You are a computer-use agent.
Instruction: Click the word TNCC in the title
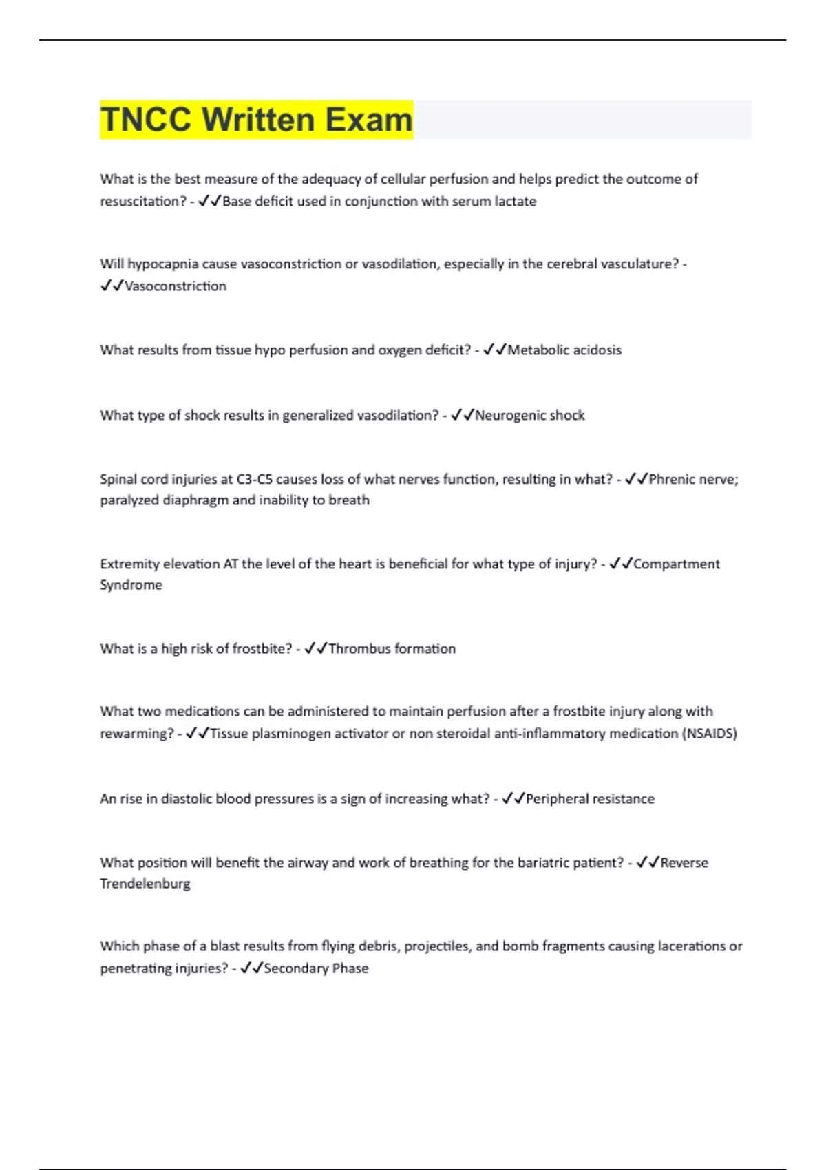145,120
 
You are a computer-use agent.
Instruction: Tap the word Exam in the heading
368,120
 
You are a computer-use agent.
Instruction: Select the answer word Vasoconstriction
175,286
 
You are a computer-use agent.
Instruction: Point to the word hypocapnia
160,264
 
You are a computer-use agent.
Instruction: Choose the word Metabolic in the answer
538,350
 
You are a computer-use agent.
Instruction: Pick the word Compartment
676,564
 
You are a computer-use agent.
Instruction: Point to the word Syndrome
131,585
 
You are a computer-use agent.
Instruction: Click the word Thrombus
357,649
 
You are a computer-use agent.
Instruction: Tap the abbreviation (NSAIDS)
709,734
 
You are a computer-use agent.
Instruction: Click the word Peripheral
557,799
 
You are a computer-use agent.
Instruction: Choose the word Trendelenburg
145,884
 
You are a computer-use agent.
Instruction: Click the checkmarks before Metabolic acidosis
494,350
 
